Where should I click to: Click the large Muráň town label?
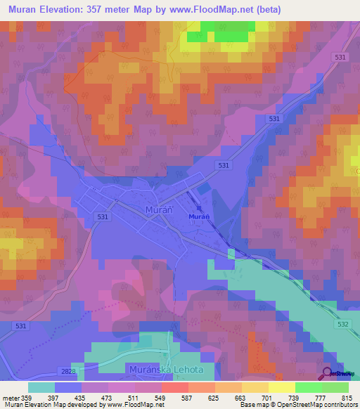156,210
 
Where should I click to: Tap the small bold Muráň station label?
198,217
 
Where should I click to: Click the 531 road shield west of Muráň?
103,217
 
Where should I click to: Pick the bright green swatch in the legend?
308,387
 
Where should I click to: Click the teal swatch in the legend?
41,387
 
